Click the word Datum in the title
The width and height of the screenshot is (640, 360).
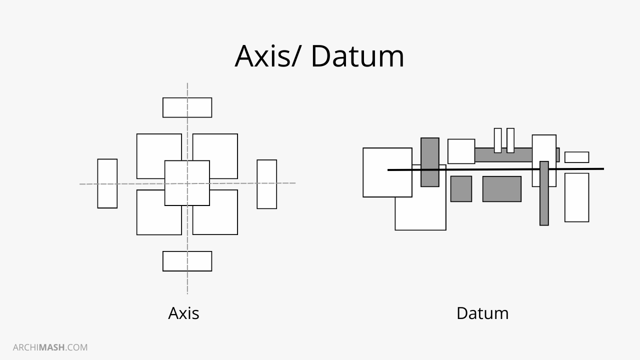point(357,56)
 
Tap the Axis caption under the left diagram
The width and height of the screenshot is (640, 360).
point(183,313)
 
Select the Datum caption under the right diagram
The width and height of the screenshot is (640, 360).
point(482,313)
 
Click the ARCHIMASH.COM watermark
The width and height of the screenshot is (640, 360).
point(50,347)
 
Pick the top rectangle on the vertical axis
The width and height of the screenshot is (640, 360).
point(187,107)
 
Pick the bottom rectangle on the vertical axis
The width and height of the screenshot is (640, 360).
point(187,261)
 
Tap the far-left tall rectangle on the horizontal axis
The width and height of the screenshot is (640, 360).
point(107,183)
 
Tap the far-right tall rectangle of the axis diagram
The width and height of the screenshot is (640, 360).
point(266,184)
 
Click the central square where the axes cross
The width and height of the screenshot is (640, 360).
point(187,183)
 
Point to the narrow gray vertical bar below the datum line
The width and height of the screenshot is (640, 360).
point(544,200)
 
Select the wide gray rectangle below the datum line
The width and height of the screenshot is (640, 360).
point(501,189)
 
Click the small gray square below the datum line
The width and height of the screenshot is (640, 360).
point(461,189)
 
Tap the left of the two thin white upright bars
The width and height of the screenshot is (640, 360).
point(497,140)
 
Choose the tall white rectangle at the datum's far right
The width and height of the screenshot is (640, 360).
point(576,197)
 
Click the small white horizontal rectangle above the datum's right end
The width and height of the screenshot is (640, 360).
point(576,157)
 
